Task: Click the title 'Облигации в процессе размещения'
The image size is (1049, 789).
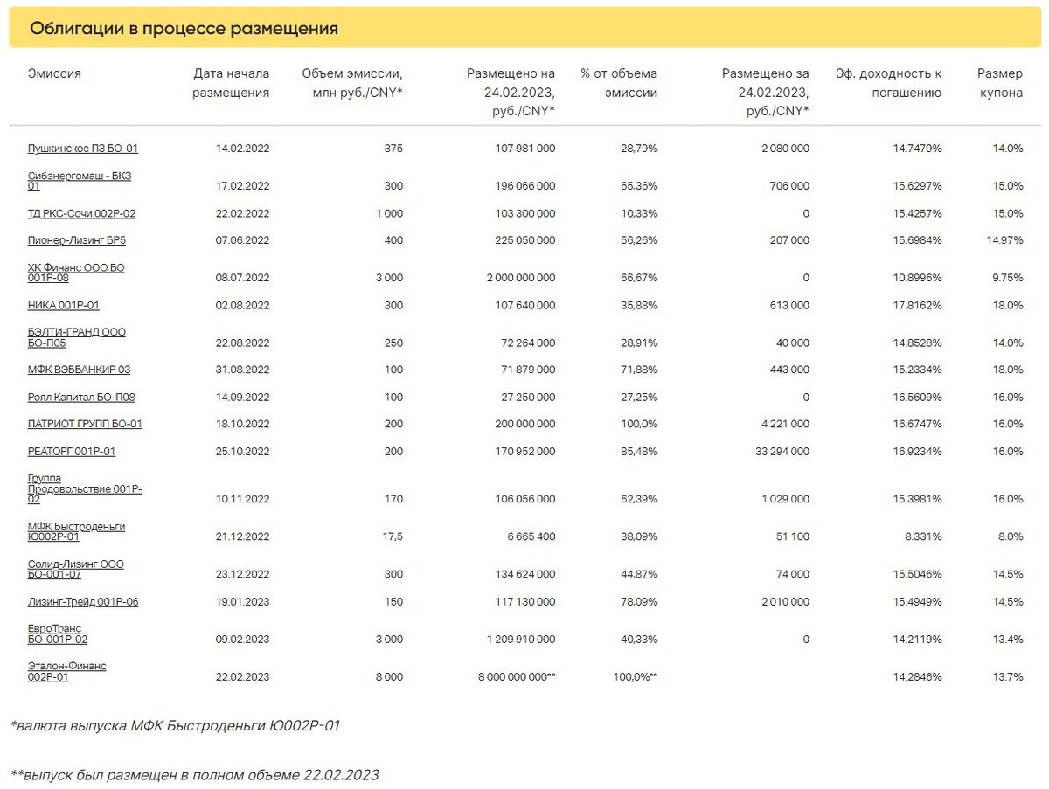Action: coord(184,28)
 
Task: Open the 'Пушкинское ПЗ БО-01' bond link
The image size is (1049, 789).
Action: coord(83,148)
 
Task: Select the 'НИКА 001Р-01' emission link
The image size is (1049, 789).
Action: coord(63,305)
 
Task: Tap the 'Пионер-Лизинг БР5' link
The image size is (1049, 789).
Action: coord(76,239)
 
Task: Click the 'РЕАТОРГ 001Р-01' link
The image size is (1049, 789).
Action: coord(71,452)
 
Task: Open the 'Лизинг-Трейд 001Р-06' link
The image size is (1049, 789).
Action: coord(83,602)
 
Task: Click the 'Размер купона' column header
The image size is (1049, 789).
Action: coord(1000,83)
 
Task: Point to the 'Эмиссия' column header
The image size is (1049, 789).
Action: coord(54,73)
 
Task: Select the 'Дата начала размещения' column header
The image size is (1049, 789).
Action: coord(231,83)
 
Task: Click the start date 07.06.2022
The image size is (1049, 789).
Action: coord(242,240)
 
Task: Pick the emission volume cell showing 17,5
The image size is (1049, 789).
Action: coord(393,536)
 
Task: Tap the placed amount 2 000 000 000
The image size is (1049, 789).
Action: coord(521,278)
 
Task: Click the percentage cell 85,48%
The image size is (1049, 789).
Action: coord(639,452)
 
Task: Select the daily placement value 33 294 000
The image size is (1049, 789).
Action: coord(782,452)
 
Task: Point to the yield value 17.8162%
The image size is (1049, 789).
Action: coord(918,305)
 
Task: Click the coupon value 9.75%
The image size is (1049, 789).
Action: coord(1007,278)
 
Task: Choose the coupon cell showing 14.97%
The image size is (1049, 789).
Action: coord(1005,240)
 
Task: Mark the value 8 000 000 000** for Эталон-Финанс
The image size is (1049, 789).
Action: coord(517,677)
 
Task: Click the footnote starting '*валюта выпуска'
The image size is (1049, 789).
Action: coord(175,726)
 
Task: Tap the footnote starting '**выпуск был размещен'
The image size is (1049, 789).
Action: coord(195,775)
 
